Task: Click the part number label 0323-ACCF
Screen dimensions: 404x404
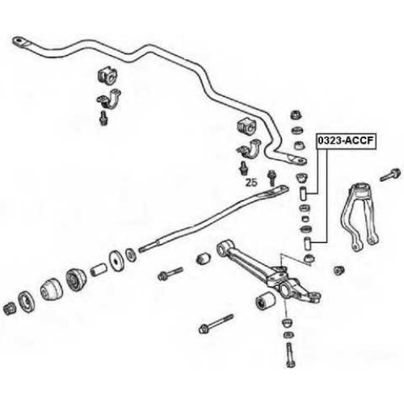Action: pyautogui.click(x=346, y=141)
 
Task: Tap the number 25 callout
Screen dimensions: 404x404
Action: pyautogui.click(x=251, y=183)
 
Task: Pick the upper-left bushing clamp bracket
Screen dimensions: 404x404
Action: pyautogui.click(x=109, y=99)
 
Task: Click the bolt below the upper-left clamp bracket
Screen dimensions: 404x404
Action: pyautogui.click(x=103, y=118)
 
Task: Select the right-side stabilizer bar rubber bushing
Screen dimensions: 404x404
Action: pyautogui.click(x=248, y=126)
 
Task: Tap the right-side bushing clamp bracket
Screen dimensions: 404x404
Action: pyautogui.click(x=249, y=149)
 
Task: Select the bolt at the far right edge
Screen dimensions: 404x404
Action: pyautogui.click(x=390, y=175)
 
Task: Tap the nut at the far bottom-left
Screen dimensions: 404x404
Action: pyautogui.click(x=10, y=309)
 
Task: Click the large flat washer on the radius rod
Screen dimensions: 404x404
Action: pyautogui.click(x=116, y=260)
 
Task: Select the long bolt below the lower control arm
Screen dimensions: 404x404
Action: pyautogui.click(x=216, y=324)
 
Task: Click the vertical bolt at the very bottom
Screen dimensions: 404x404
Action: pyautogui.click(x=290, y=356)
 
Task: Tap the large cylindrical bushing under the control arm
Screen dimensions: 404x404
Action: pyautogui.click(x=265, y=300)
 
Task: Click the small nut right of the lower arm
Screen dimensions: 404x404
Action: pyautogui.click(x=339, y=270)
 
